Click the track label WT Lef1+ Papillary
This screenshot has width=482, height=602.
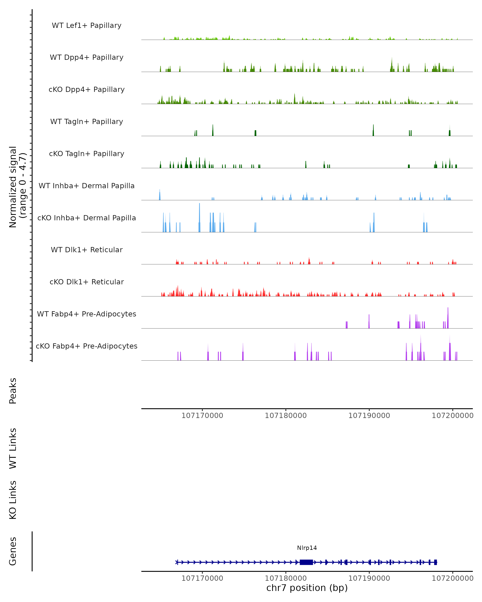(87, 25)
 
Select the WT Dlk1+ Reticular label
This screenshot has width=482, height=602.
(87, 250)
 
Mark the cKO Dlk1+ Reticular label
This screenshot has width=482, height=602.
(87, 282)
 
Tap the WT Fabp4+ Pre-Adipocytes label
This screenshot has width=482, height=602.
(87, 314)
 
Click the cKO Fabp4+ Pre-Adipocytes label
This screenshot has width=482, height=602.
(87, 346)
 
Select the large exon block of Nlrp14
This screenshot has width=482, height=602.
(306, 562)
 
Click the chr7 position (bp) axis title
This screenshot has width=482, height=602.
(307, 588)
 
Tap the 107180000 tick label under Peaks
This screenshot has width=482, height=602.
(286, 416)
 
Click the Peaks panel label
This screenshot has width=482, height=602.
(13, 391)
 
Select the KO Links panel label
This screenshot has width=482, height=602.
(13, 500)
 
